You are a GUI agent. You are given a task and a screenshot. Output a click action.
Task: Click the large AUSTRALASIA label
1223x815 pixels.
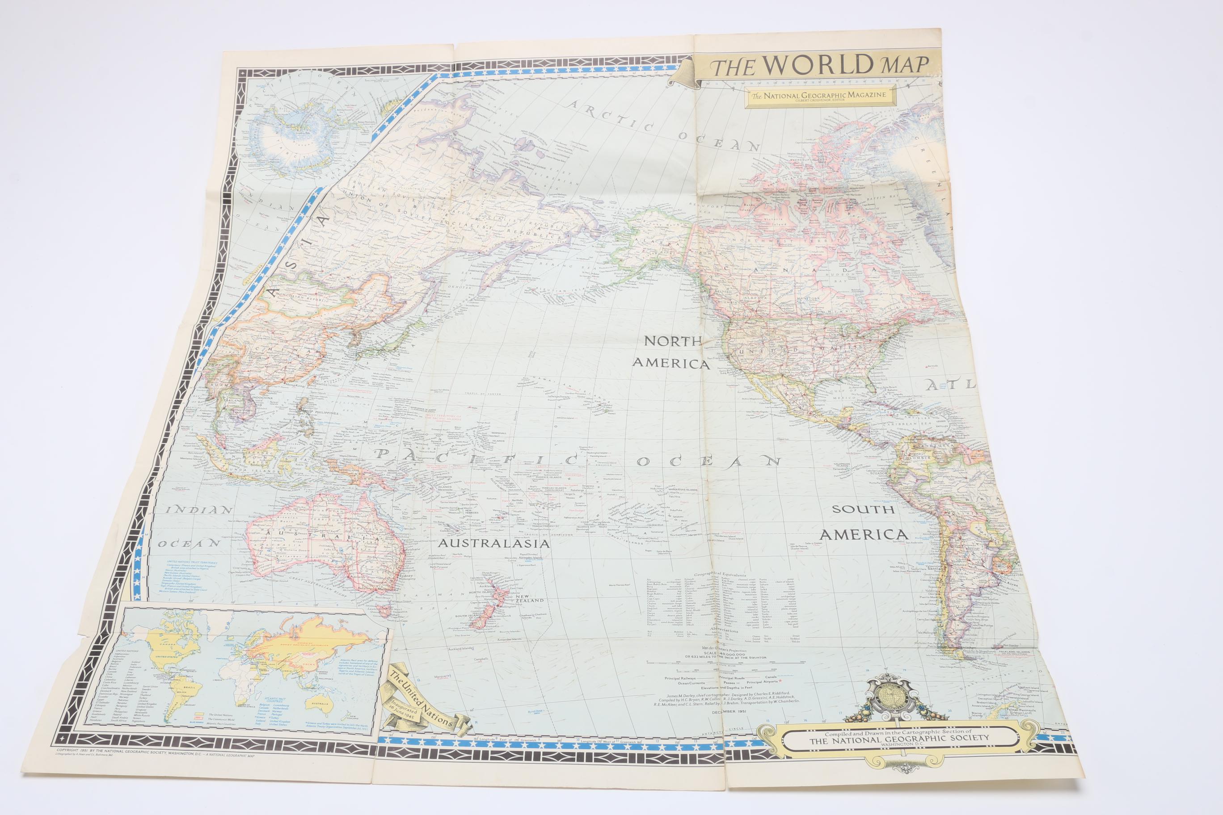[494, 544]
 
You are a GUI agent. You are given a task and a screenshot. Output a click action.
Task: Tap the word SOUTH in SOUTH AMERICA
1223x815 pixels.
[863, 509]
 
